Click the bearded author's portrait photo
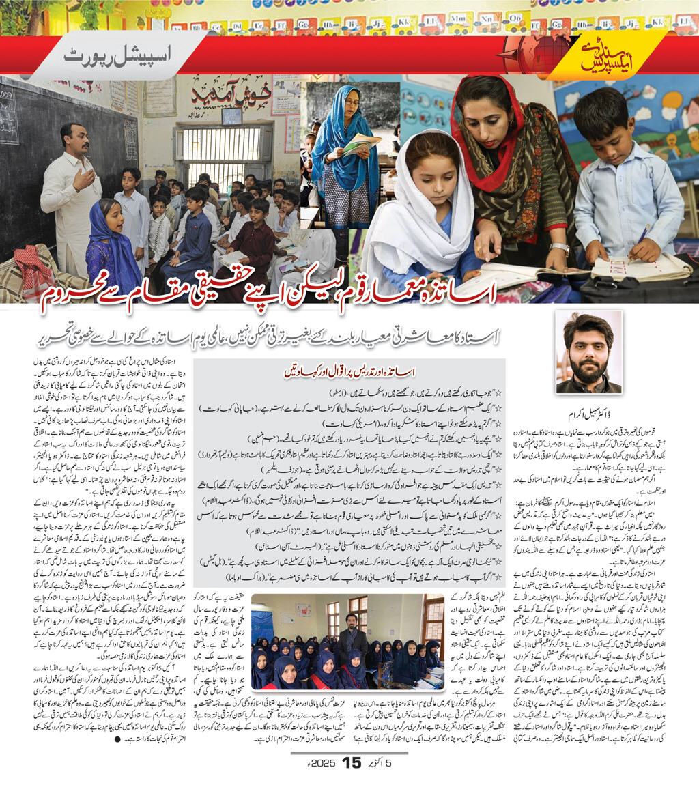(588, 352)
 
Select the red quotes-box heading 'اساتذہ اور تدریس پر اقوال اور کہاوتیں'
(349, 372)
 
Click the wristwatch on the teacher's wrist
(558, 248)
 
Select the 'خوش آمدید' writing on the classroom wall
(225, 91)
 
